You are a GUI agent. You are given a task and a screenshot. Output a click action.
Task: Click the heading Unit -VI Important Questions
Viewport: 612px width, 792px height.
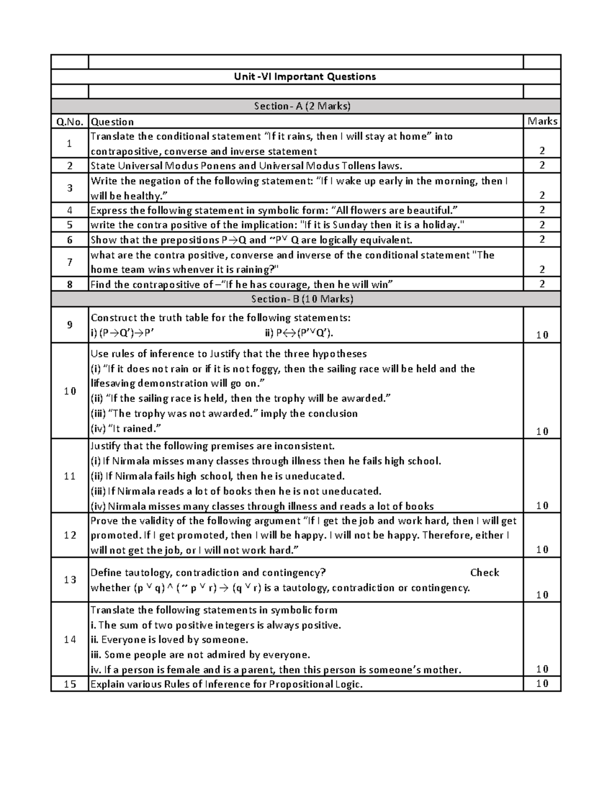pyautogui.click(x=305, y=76)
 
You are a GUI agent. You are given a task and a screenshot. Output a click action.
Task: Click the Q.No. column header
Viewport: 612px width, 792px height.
pyautogui.click(x=69, y=121)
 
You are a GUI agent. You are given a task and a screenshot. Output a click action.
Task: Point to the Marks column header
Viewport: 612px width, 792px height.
pyautogui.click(x=542, y=121)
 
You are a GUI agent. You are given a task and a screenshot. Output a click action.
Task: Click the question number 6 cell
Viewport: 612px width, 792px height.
pyautogui.click(x=69, y=240)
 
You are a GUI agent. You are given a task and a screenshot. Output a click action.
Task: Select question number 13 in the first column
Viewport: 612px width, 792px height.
pyautogui.click(x=69, y=580)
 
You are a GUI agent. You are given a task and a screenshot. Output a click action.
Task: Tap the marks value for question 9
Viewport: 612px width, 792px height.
pyautogui.click(x=542, y=335)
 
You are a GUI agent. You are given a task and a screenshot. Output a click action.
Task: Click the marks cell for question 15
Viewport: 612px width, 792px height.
pyautogui.click(x=542, y=684)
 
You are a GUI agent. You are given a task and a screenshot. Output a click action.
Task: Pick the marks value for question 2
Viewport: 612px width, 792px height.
pyautogui.click(x=542, y=165)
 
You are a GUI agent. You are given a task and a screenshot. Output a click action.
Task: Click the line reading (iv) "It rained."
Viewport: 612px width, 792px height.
pyautogui.click(x=126, y=428)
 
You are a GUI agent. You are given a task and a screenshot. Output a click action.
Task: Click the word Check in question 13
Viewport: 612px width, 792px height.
pyautogui.click(x=484, y=573)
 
